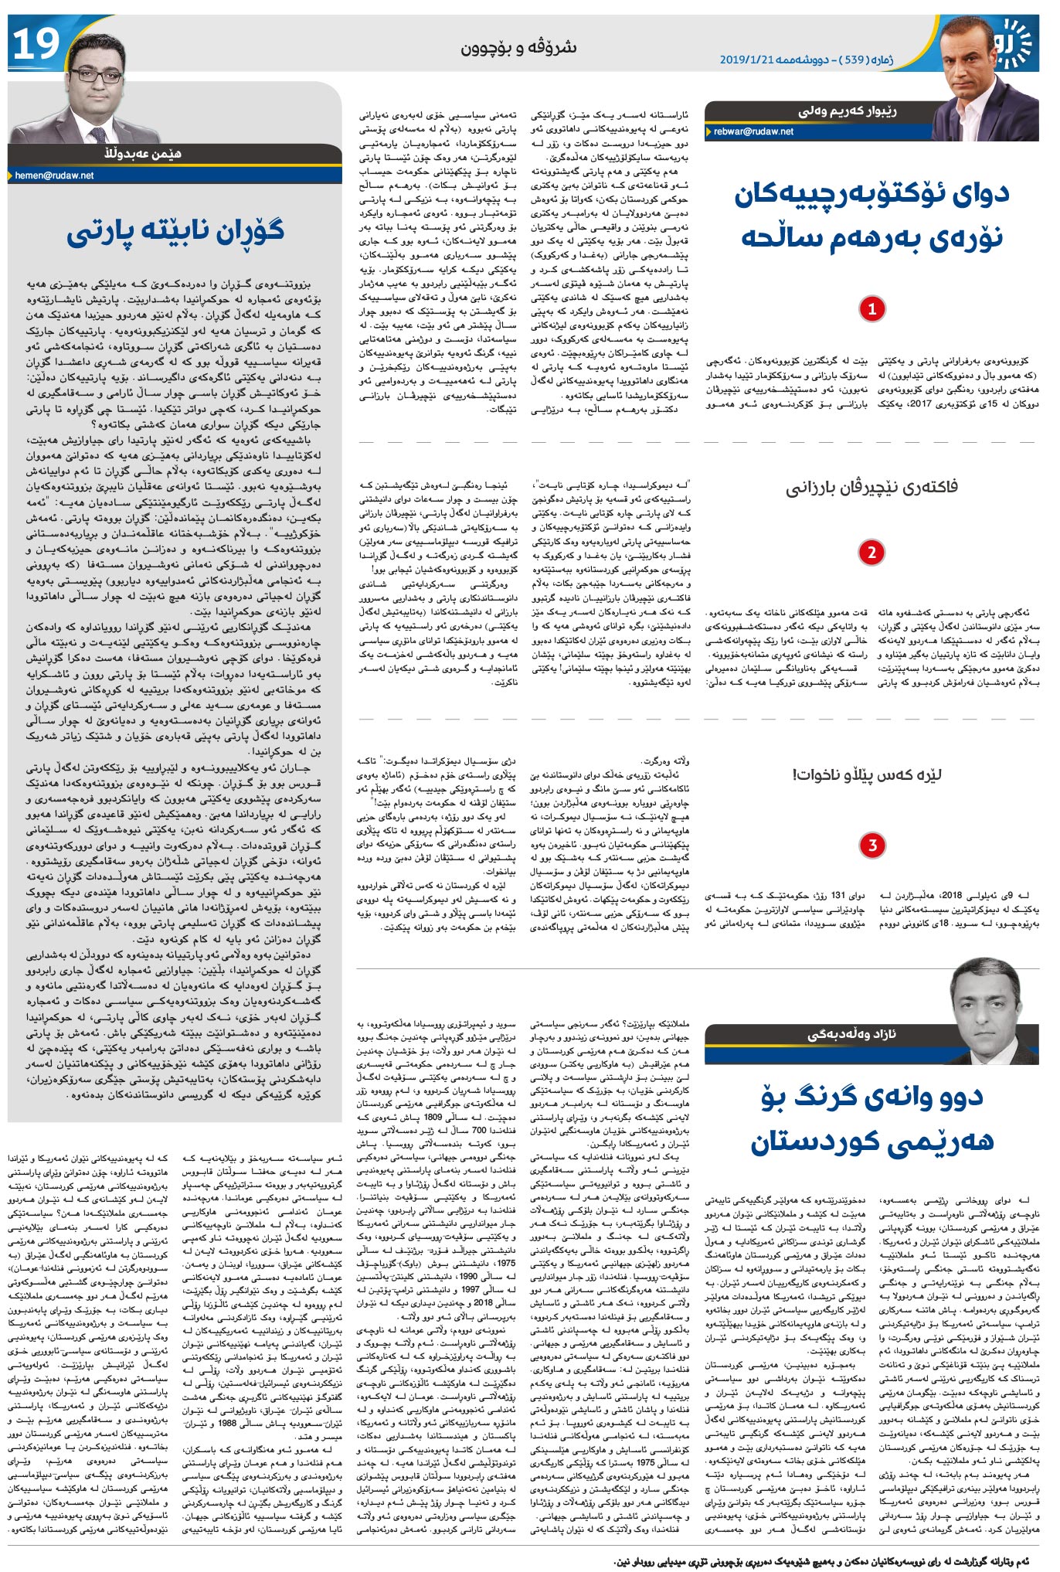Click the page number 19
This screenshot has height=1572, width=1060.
(x=36, y=44)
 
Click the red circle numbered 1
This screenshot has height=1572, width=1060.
(x=872, y=309)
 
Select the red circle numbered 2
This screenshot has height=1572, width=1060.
(x=872, y=553)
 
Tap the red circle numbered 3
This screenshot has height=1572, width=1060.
(x=872, y=845)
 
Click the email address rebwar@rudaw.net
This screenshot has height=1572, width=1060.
(x=753, y=132)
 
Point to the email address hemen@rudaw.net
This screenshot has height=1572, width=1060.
(x=54, y=175)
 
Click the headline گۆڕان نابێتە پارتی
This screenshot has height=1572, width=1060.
(x=175, y=232)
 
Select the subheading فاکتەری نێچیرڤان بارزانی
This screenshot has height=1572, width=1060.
(x=872, y=487)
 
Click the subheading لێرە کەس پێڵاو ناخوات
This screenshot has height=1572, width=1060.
(x=867, y=774)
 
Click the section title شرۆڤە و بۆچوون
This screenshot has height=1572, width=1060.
(x=518, y=47)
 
